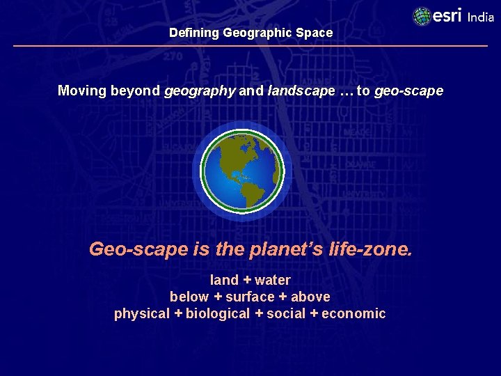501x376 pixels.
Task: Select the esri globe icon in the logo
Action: [x=422, y=16]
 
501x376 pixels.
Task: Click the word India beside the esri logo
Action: [x=480, y=17]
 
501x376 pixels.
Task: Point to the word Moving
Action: [x=83, y=91]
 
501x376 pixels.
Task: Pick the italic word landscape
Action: [x=301, y=91]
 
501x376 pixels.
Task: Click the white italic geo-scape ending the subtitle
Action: [x=408, y=91]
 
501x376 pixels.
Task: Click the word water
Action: [x=273, y=281]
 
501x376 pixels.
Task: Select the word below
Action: [x=189, y=297]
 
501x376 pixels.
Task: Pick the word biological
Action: [x=217, y=313]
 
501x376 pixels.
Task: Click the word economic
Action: [x=353, y=313]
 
